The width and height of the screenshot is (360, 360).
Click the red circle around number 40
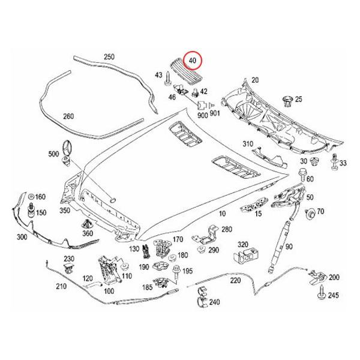tap(194, 62)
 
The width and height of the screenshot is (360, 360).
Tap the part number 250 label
tap(108, 57)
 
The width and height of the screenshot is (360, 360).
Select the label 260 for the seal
tap(68, 116)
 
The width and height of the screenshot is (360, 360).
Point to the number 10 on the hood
tap(222, 213)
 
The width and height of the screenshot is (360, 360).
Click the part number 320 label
tap(243, 245)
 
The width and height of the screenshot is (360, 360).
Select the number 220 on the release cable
tap(235, 280)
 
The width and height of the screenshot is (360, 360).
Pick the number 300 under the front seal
tap(22, 238)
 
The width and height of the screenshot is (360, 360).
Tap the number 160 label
tap(40, 197)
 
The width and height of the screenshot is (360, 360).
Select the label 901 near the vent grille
tap(215, 114)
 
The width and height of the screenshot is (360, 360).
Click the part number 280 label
tap(226, 229)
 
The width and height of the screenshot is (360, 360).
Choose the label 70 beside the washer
tap(320, 211)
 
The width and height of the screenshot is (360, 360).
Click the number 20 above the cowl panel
tap(254, 80)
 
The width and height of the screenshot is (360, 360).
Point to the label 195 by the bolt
tap(188, 272)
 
